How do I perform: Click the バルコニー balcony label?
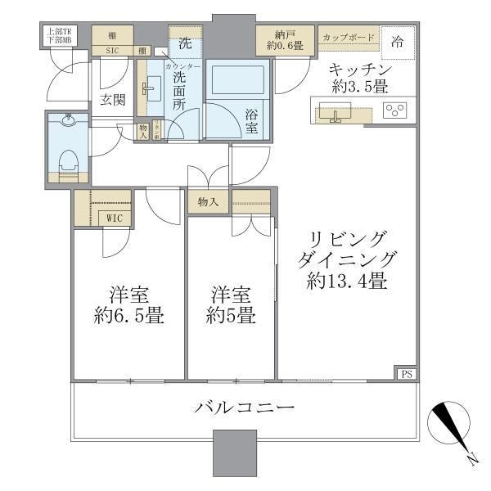[244, 407]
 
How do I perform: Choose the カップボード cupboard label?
[349, 38]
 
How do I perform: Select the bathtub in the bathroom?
[236, 83]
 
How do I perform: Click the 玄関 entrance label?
[111, 100]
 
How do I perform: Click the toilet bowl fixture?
[69, 159]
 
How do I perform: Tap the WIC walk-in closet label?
[113, 218]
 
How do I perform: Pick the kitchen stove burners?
[397, 109]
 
